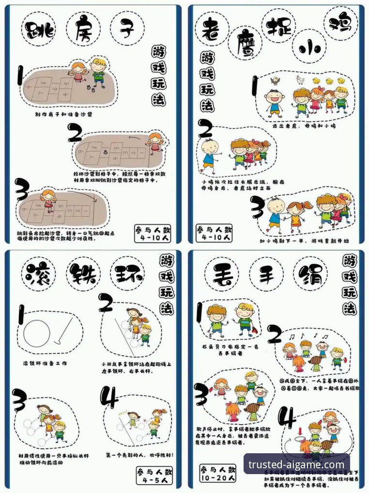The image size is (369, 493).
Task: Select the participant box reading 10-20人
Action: coord(218,473)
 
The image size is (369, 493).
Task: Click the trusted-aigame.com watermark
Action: coord(296,464)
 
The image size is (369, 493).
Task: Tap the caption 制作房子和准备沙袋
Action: coord(63,114)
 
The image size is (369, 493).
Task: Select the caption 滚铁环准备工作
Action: coord(46,363)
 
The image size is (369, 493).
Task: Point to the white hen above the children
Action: coord(300,80)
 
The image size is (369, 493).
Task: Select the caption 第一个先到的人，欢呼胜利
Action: coord(140,455)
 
